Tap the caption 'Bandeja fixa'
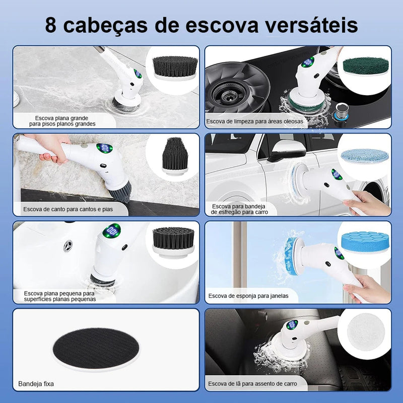[x=36, y=384]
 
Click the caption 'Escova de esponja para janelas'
[x=248, y=296]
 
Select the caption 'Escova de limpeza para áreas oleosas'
[x=254, y=121]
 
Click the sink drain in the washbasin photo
[x=68, y=245]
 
